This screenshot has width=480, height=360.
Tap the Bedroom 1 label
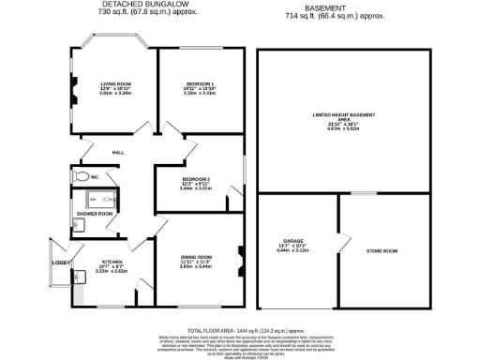pos(194,83)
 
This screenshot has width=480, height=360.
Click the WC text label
pos(95,176)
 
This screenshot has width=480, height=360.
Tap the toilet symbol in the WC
pos(81,177)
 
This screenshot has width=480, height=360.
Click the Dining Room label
pos(196,257)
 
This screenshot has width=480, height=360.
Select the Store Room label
pos(382,250)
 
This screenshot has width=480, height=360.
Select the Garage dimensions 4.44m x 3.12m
pos(288,251)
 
